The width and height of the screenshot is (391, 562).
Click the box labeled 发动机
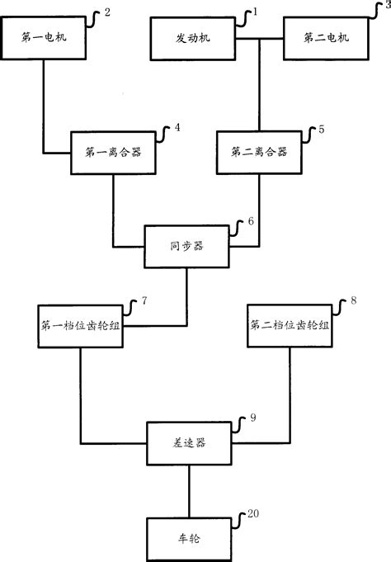click(x=193, y=38)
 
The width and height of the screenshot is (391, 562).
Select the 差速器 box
click(x=189, y=443)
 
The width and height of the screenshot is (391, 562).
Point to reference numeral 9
click(x=252, y=418)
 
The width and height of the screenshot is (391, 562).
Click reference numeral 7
click(x=144, y=302)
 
